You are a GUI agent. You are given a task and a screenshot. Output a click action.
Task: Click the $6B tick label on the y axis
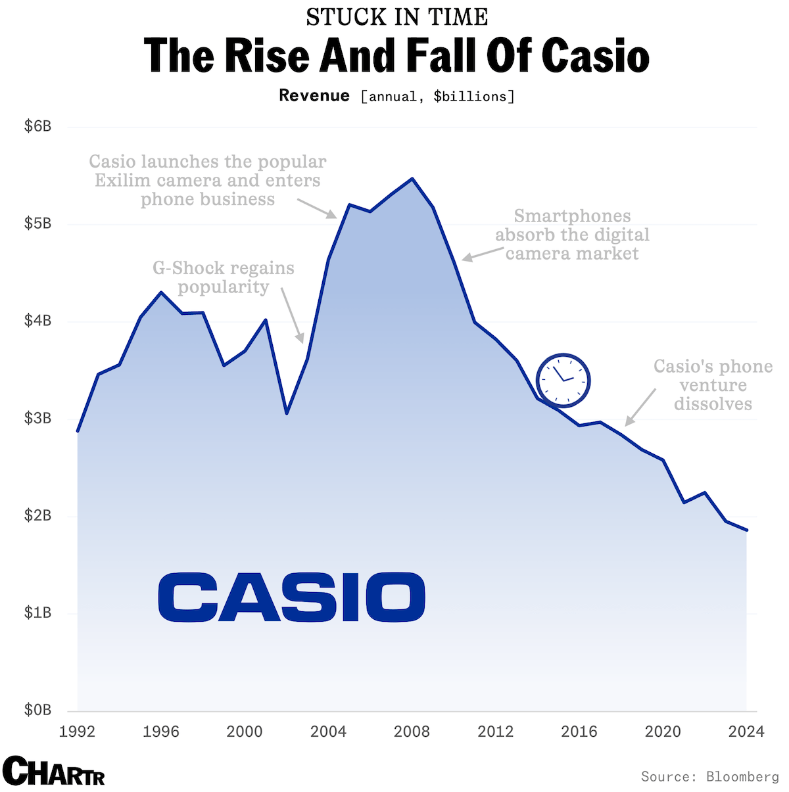(x=37, y=126)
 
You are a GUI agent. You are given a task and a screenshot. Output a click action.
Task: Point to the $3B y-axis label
(x=37, y=418)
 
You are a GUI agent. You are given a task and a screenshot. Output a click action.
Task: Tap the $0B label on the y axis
(x=37, y=710)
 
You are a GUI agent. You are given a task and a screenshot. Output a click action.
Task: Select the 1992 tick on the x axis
(x=78, y=732)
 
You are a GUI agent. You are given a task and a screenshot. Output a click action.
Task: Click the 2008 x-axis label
(x=412, y=732)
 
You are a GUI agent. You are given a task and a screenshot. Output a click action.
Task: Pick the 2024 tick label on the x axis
(x=746, y=732)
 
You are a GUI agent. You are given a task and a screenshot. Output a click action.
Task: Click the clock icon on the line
(x=563, y=380)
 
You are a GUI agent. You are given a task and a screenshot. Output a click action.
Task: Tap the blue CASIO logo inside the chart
(x=291, y=597)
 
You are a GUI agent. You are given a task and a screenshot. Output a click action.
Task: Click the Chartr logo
(x=54, y=771)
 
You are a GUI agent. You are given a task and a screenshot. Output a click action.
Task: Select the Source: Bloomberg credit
(x=709, y=777)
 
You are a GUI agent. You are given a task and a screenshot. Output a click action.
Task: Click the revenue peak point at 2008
(x=412, y=179)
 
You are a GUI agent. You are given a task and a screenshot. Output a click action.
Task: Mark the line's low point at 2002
(x=287, y=413)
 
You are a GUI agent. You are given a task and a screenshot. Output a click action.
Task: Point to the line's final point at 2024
(x=747, y=530)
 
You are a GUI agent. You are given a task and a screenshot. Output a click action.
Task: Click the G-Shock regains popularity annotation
(x=224, y=277)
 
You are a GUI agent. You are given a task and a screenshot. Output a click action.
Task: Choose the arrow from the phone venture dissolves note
(x=640, y=407)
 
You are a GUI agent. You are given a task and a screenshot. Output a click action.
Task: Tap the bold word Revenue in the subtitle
(x=314, y=96)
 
